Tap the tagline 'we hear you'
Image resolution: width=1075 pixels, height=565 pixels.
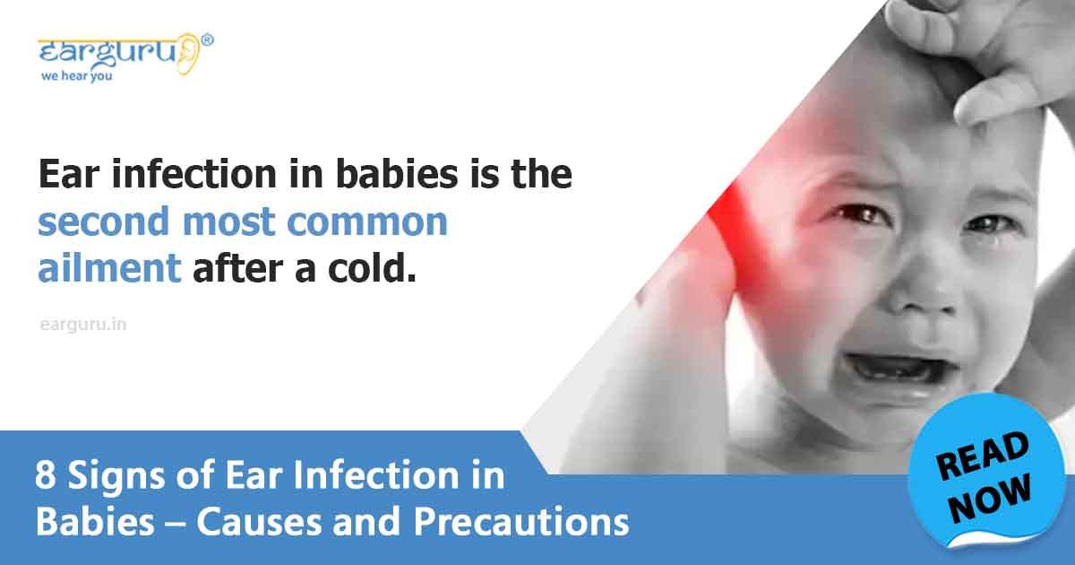tap(77, 76)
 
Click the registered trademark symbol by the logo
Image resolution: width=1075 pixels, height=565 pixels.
tap(208, 39)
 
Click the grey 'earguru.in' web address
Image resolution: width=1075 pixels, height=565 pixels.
tap(83, 325)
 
